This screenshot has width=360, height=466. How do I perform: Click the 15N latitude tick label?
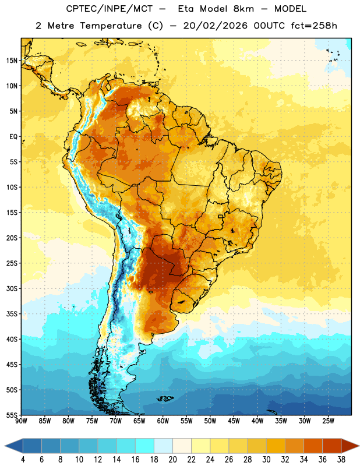[12, 61]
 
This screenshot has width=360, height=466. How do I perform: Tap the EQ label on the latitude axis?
[13, 137]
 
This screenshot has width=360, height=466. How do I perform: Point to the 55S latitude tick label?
[12, 415]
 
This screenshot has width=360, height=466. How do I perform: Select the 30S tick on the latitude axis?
[12, 288]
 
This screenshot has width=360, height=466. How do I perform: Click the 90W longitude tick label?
[22, 421]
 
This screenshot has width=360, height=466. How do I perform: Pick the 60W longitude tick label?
[163, 421]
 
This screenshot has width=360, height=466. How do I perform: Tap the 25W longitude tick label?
[328, 421]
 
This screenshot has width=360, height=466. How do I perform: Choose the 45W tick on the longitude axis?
[234, 421]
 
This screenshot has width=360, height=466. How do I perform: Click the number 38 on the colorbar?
[341, 460]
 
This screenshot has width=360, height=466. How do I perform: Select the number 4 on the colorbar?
[23, 460]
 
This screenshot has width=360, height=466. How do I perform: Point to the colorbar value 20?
[172, 460]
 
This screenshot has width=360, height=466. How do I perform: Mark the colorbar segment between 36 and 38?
[332, 446]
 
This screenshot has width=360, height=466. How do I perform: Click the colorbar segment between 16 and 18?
[145, 446]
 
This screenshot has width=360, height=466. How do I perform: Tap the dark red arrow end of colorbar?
[350, 446]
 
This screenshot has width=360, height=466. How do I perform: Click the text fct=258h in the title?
[314, 26]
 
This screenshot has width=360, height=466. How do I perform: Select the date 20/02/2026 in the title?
[215, 26]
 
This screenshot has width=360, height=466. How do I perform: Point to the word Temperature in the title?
[111, 26]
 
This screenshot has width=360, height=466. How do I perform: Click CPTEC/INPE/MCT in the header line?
[109, 9]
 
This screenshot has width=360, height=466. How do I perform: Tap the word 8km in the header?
[243, 9]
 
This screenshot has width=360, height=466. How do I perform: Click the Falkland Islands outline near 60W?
[165, 398]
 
